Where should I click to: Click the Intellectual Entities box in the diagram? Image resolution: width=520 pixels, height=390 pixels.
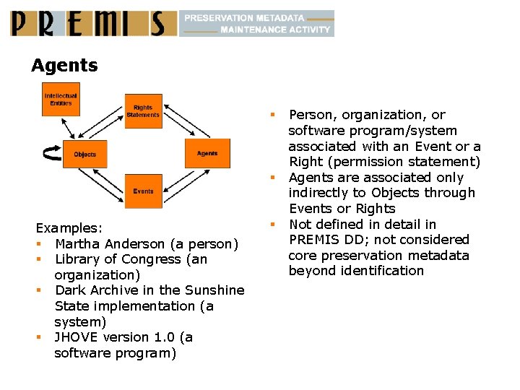pyautogui.click(x=61, y=99)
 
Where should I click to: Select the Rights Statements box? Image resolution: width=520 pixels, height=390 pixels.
pyautogui.click(x=143, y=111)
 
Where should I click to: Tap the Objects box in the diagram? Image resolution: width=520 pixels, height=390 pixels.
pyautogui.click(x=84, y=154)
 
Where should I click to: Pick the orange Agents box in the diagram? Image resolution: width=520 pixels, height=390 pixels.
pyautogui.click(x=207, y=153)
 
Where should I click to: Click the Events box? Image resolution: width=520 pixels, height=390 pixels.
pyautogui.click(x=143, y=191)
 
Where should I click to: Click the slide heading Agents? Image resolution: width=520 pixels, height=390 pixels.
pyautogui.click(x=64, y=66)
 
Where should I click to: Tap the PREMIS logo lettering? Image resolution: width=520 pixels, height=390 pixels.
pyautogui.click(x=92, y=24)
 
